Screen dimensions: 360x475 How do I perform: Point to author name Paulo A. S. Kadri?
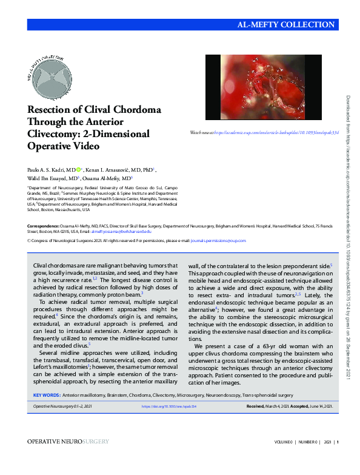coord(50,170)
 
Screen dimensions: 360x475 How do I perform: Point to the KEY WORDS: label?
coord(45,395)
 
